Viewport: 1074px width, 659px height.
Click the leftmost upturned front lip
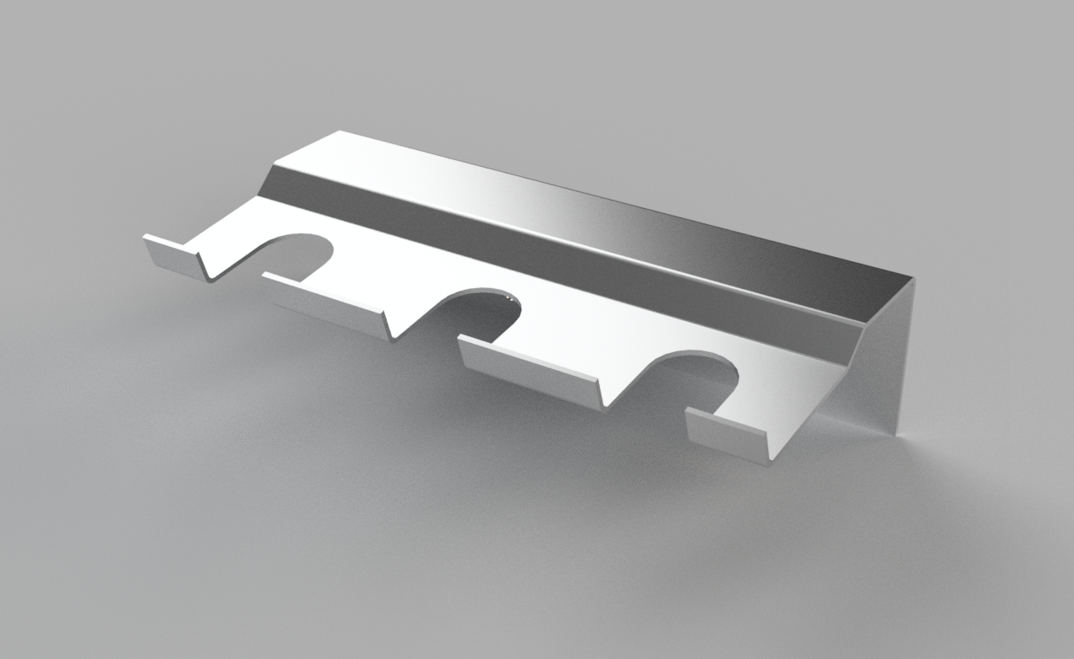(x=174, y=254)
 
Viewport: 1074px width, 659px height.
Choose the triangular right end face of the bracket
(x=880, y=371)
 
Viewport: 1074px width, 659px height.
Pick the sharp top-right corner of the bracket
(x=914, y=278)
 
